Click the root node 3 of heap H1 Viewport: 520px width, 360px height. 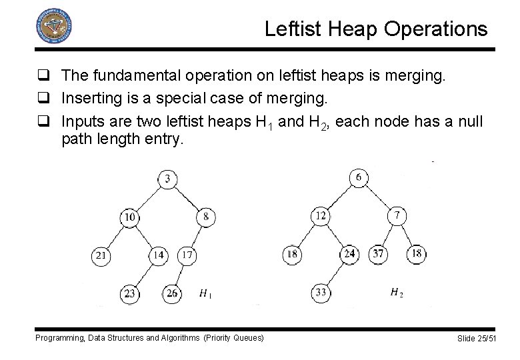coord(167,179)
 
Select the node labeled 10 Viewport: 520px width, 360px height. coord(129,217)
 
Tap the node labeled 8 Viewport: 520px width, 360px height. coord(206,217)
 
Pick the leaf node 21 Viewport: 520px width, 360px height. coord(100,255)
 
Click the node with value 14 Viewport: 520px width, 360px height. coord(158,255)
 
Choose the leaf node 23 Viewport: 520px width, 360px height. coord(129,293)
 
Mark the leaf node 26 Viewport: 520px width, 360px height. coord(172,293)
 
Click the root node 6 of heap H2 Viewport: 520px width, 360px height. coord(359,177)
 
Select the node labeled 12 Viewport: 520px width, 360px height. coord(321,215)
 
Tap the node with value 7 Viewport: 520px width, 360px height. coord(397,215)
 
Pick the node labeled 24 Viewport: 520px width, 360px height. coord(349,254)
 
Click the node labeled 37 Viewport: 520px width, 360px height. coord(378,254)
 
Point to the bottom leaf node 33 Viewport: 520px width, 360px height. coord(321,292)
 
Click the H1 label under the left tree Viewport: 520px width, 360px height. coord(207,293)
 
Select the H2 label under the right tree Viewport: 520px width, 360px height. coord(397,292)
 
